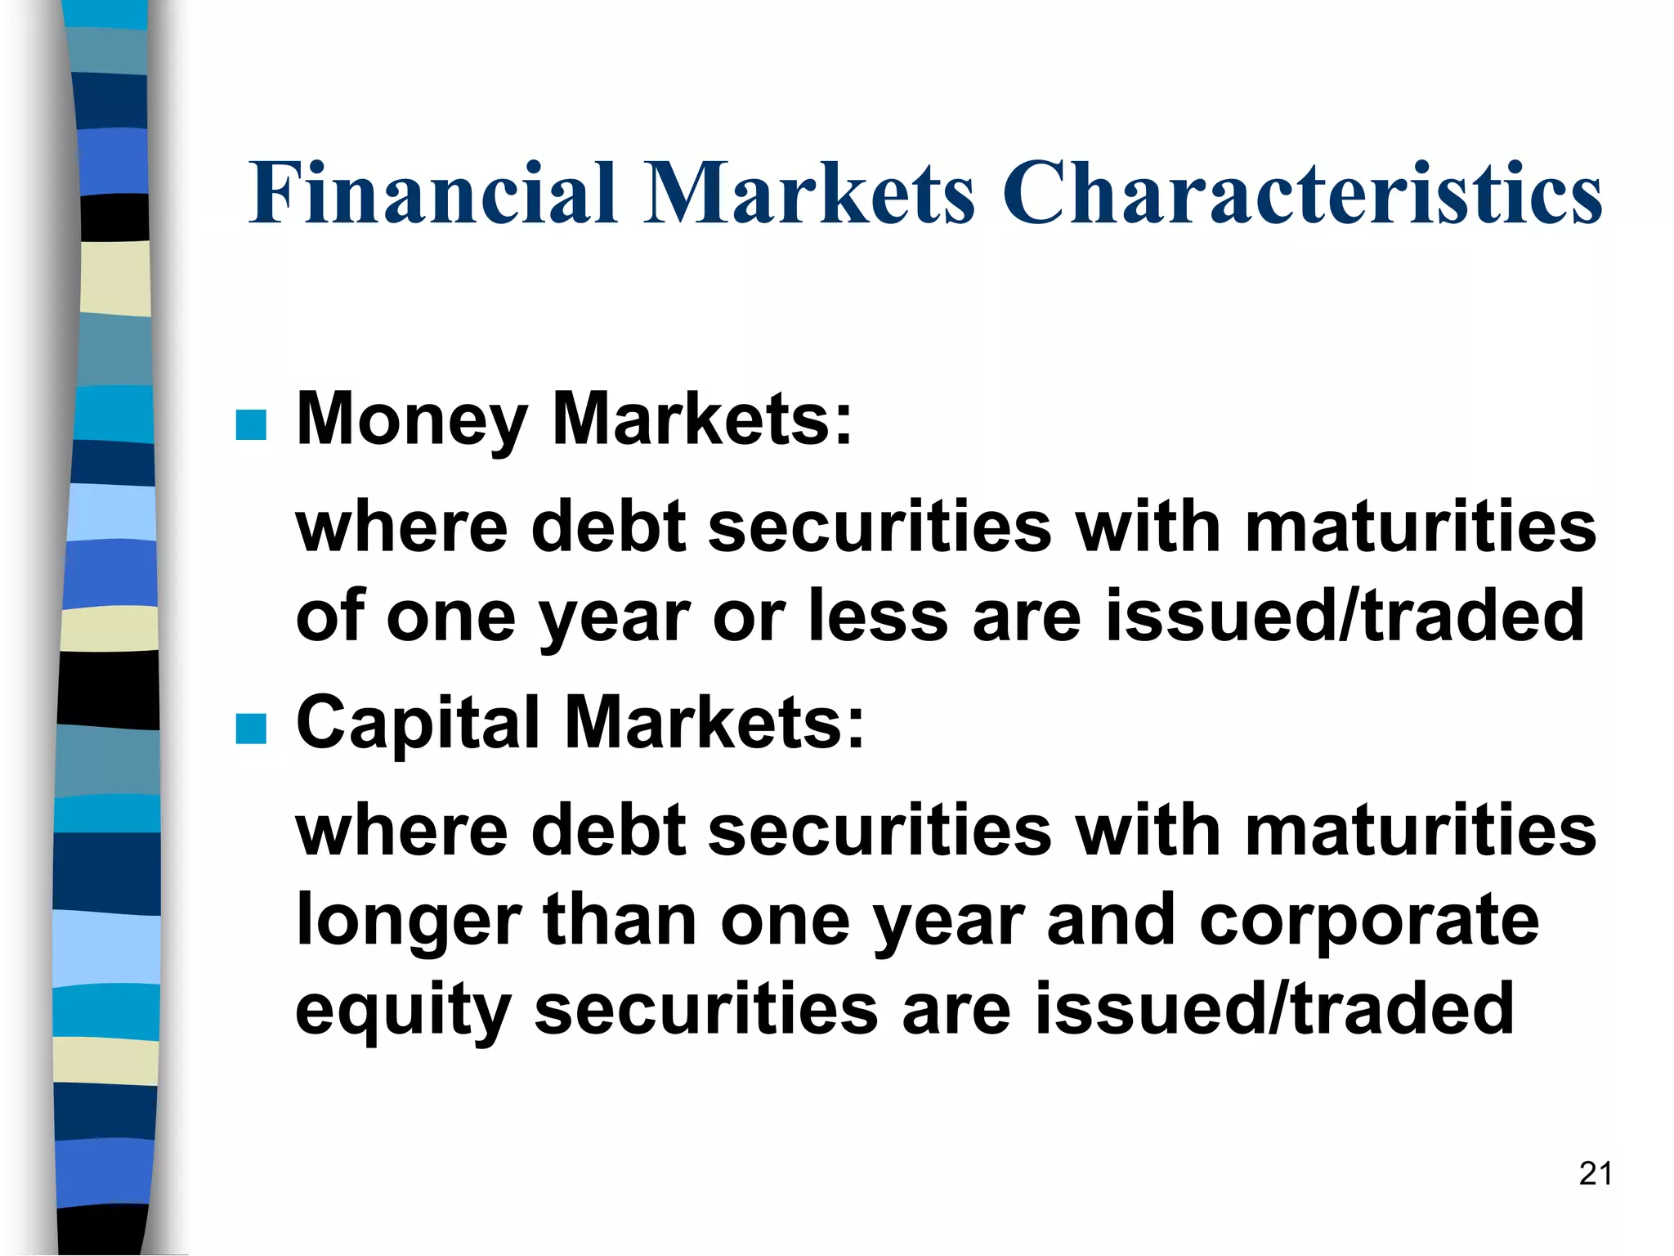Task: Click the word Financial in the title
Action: tap(433, 193)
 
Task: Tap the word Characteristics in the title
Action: tap(1303, 193)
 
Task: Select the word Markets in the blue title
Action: tap(809, 193)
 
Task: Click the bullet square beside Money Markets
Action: tap(251, 425)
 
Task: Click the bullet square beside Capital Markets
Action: tap(251, 729)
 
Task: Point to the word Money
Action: tap(412, 420)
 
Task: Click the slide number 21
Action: tap(1595, 1173)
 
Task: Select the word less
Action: tap(878, 616)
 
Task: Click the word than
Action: tap(620, 919)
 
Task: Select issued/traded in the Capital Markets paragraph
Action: tap(1275, 1009)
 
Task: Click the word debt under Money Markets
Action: tap(608, 527)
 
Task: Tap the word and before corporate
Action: tap(1110, 919)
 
